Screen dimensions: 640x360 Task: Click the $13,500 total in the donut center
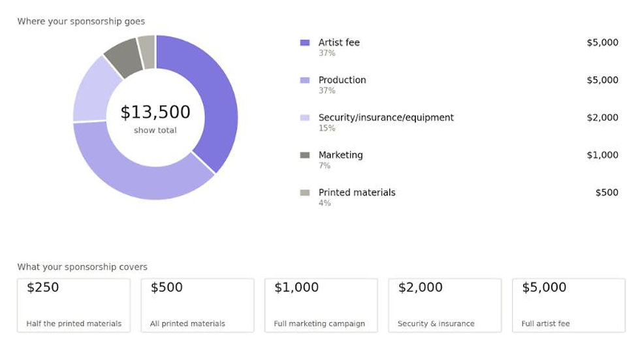coord(155,112)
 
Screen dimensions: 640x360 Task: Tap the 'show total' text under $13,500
coord(155,130)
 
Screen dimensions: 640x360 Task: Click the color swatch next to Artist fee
coord(305,42)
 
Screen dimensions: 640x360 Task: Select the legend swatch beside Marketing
coord(305,155)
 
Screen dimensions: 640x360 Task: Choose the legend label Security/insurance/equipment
coord(386,118)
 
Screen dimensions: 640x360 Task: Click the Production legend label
coord(342,80)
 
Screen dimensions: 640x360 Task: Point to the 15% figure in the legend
coord(327,128)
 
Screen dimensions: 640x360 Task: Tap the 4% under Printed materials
coord(325,203)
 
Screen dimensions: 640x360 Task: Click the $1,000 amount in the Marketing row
coord(602,155)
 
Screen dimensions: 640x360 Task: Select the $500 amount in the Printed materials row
coord(607,193)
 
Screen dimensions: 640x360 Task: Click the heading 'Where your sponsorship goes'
coord(81,21)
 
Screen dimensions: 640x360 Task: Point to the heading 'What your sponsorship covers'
coord(82,267)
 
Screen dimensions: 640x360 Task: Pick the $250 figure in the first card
coord(43,287)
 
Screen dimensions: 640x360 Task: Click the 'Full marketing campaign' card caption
coord(319,323)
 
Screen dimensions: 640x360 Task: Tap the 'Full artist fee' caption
coord(546,323)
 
